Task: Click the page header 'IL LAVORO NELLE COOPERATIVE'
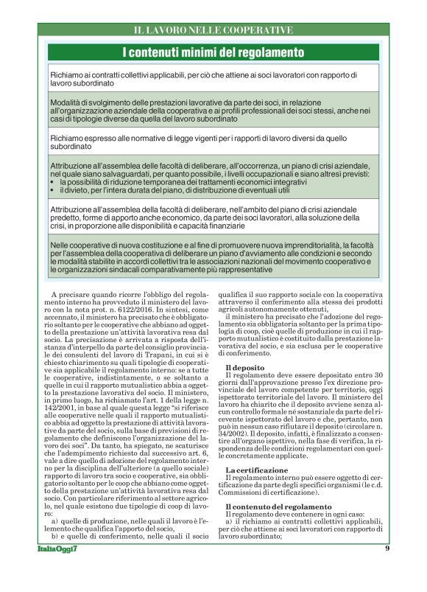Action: pyautogui.click(x=213, y=30)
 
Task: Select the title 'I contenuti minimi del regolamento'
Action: pyautogui.click(x=213, y=52)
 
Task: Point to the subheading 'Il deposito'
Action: pyautogui.click(x=245, y=366)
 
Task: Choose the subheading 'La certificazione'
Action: pyautogui.click(x=257, y=470)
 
